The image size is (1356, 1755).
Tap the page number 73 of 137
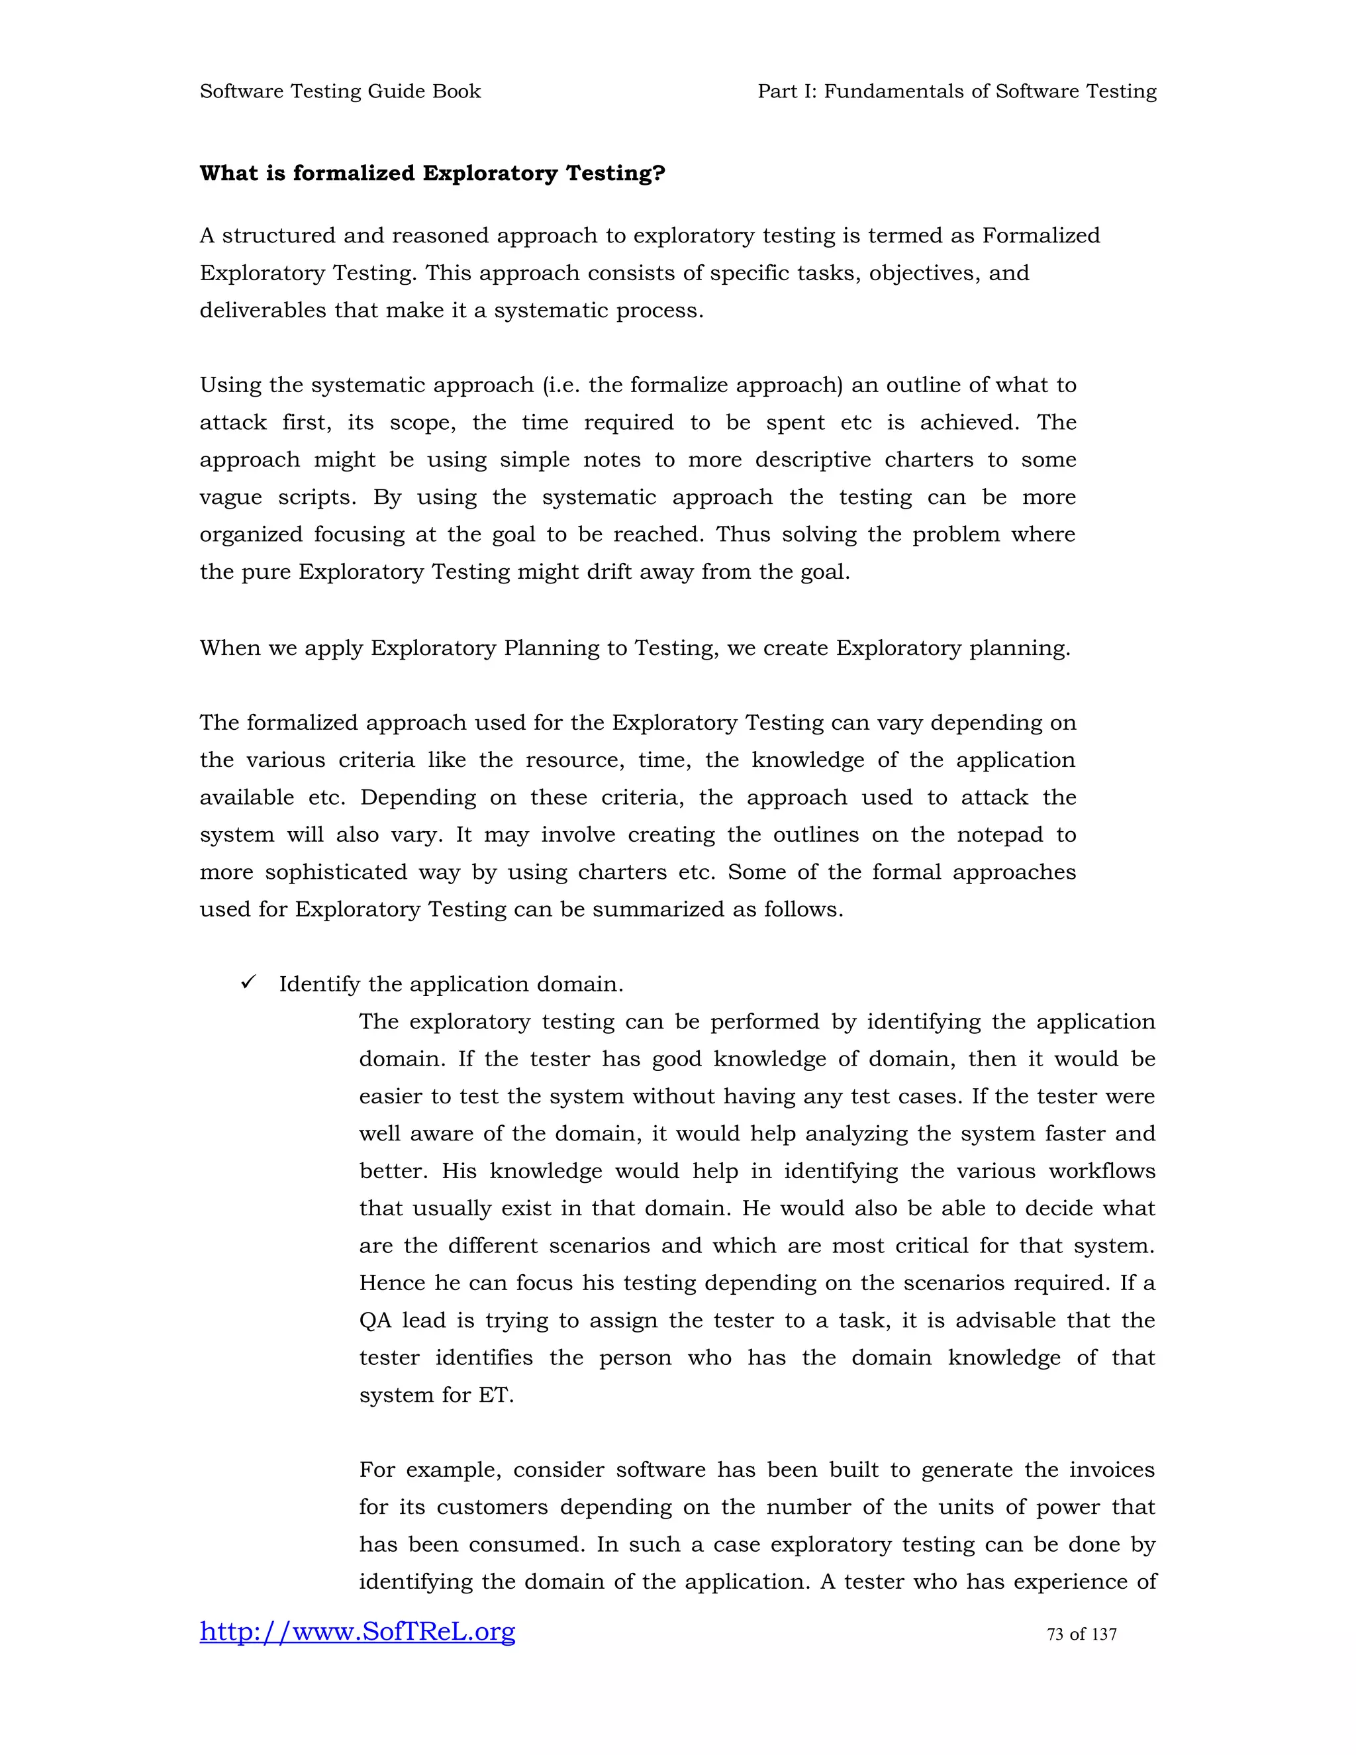coord(1081,1634)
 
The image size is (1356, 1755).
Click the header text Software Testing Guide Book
coord(340,91)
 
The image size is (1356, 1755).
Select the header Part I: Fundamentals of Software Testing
coord(957,91)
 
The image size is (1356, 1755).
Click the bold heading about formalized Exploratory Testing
coord(432,174)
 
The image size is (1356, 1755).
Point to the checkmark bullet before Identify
coord(248,982)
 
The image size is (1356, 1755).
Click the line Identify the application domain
coord(451,984)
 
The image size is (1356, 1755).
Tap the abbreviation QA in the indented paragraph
coord(374,1321)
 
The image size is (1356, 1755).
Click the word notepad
coord(999,835)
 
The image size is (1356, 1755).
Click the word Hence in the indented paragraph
coord(393,1283)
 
